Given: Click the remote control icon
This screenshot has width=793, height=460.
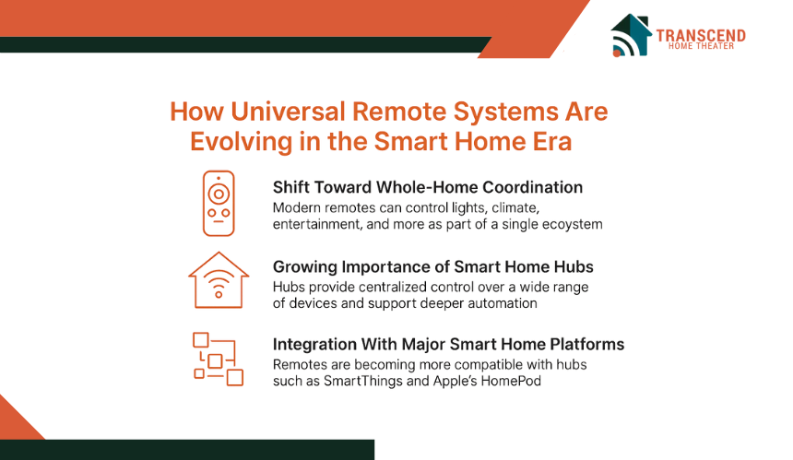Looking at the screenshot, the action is pyautogui.click(x=219, y=203).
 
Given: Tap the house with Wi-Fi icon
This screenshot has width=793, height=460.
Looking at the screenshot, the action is pyautogui.click(x=219, y=280).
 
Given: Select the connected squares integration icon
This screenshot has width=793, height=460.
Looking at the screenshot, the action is pyautogui.click(x=218, y=359).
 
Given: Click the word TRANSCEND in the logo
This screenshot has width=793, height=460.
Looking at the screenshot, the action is pyautogui.click(x=701, y=35).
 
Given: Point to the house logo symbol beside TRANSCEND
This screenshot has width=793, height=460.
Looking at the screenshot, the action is pyautogui.click(x=631, y=35).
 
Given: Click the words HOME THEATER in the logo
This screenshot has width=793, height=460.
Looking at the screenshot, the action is pyautogui.click(x=701, y=46).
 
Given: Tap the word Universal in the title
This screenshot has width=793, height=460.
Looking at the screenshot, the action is pyautogui.click(x=288, y=112).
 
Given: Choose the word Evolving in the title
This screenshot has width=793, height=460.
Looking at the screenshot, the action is pyautogui.click(x=241, y=142).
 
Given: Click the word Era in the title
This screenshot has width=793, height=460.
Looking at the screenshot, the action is pyautogui.click(x=551, y=142).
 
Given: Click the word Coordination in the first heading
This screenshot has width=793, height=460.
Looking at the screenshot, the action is pyautogui.click(x=533, y=187).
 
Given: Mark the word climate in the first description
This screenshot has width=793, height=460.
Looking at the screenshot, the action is pyautogui.click(x=515, y=208).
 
